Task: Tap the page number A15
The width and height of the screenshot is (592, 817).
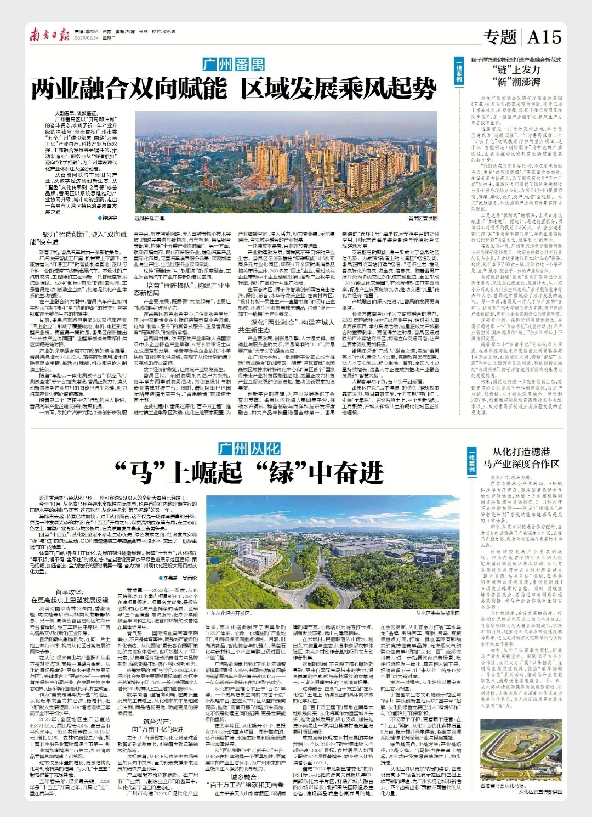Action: coord(544,37)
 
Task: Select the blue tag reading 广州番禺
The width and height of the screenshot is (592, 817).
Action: coord(234,65)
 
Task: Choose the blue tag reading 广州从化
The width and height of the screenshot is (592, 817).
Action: coord(249,449)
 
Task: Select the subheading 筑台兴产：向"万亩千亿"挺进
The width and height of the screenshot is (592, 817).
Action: coord(157,725)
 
